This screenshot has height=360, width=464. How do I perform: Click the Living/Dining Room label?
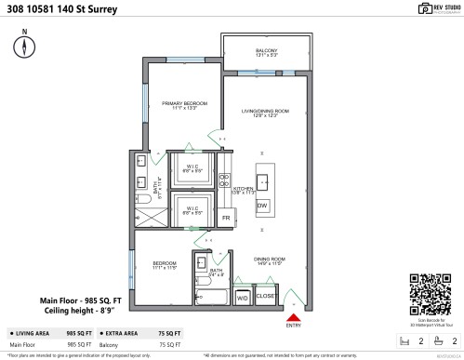coord(265,113)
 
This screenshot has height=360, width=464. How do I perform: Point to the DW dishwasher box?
coord(262,205)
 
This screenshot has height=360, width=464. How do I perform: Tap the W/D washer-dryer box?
coord(242,298)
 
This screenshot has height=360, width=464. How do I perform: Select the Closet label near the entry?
coord(265,296)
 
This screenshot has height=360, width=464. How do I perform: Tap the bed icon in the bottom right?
coord(403,340)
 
